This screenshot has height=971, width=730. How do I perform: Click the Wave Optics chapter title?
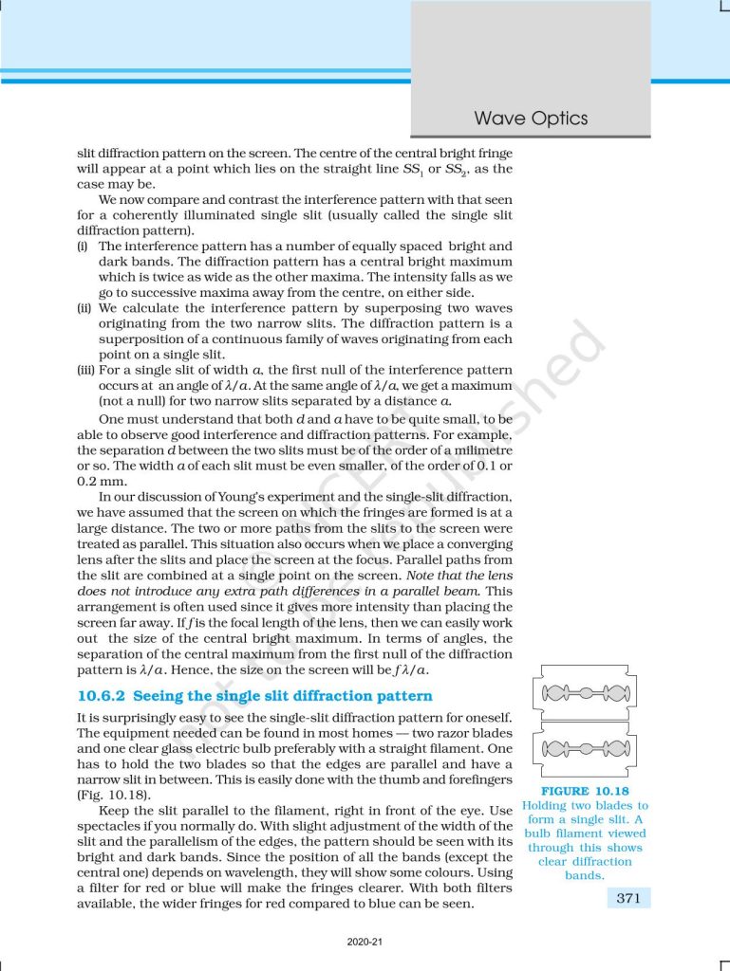tap(531, 119)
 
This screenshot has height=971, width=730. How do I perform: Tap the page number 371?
tap(627, 898)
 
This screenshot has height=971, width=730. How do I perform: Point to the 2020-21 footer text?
tap(365, 944)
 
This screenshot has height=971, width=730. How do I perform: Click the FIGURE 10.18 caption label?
tap(585, 791)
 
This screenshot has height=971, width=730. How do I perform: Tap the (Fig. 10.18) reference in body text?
tap(114, 793)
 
